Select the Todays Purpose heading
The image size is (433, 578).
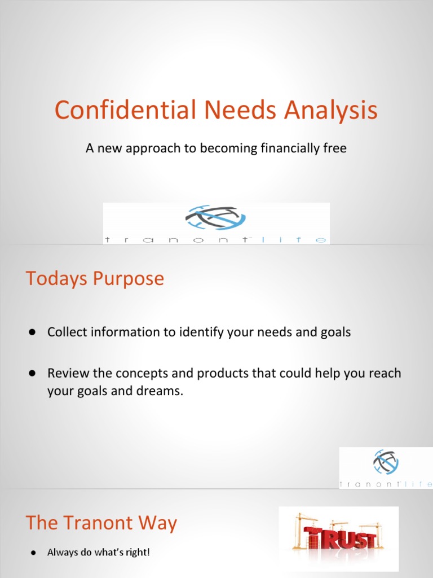(x=95, y=278)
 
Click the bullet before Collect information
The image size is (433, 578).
(x=33, y=332)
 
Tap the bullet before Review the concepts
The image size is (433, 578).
(x=33, y=374)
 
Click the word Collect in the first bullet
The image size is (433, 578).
(x=66, y=332)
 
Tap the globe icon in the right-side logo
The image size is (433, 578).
(x=386, y=462)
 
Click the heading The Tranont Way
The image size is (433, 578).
(x=101, y=523)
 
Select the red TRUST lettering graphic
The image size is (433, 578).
(x=338, y=538)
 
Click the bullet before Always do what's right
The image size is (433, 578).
(x=33, y=552)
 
